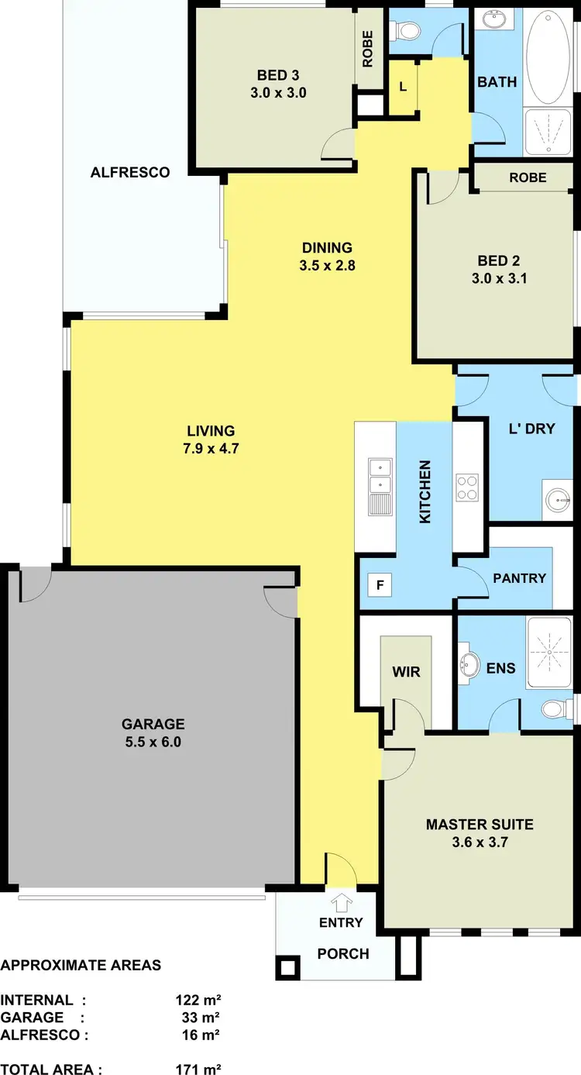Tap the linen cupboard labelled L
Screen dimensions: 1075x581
tap(403, 87)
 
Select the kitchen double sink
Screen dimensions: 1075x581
tap(380, 477)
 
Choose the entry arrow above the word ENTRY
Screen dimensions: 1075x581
tap(341, 902)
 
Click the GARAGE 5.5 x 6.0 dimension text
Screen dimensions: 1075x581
tap(153, 741)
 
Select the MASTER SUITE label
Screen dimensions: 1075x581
tap(480, 824)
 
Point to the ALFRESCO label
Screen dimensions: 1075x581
tap(130, 172)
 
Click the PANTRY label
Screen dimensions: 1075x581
tap(519, 578)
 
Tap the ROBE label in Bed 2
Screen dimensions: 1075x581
tap(528, 177)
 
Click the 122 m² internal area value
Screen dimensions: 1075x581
tap(199, 1000)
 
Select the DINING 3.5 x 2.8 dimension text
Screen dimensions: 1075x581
tap(327, 264)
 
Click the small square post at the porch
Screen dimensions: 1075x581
tap(287, 967)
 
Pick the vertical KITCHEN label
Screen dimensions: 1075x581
tap(425, 491)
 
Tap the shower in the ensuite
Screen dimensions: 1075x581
tap(548, 653)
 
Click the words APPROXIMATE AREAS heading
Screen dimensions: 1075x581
tap(81, 966)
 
